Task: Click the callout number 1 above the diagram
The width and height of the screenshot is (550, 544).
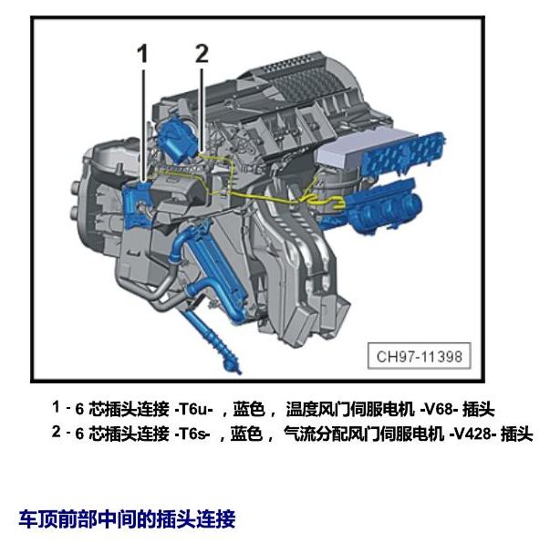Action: click(142, 54)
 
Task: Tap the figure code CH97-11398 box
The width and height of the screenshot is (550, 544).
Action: click(420, 356)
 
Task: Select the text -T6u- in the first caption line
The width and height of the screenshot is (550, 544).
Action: click(193, 409)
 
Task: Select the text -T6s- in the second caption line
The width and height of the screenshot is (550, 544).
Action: click(192, 434)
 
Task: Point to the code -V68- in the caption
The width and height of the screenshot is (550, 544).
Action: click(439, 409)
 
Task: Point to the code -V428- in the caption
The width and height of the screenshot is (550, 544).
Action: click(472, 434)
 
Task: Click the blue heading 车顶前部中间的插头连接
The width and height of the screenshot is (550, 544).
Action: click(127, 519)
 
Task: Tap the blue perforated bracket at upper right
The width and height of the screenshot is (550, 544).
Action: click(403, 154)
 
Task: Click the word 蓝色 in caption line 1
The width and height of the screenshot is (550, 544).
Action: click(249, 409)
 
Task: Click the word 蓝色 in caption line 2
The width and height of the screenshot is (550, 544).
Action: click(246, 434)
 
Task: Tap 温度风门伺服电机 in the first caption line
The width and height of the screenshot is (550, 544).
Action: click(350, 409)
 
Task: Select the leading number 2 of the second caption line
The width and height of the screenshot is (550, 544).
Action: click(57, 432)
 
